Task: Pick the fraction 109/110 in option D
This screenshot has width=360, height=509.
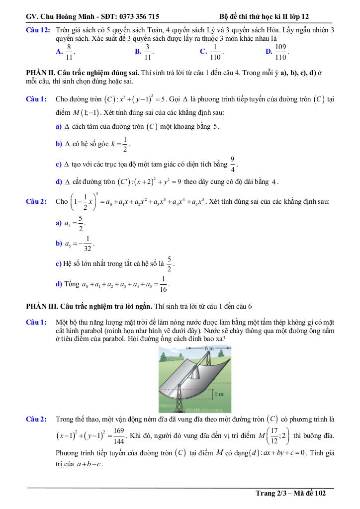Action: (281, 51)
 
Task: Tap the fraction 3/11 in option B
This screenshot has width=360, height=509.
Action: (148, 51)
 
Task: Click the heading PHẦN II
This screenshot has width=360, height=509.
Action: (40, 73)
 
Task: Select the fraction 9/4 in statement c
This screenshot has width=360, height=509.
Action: (232, 164)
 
